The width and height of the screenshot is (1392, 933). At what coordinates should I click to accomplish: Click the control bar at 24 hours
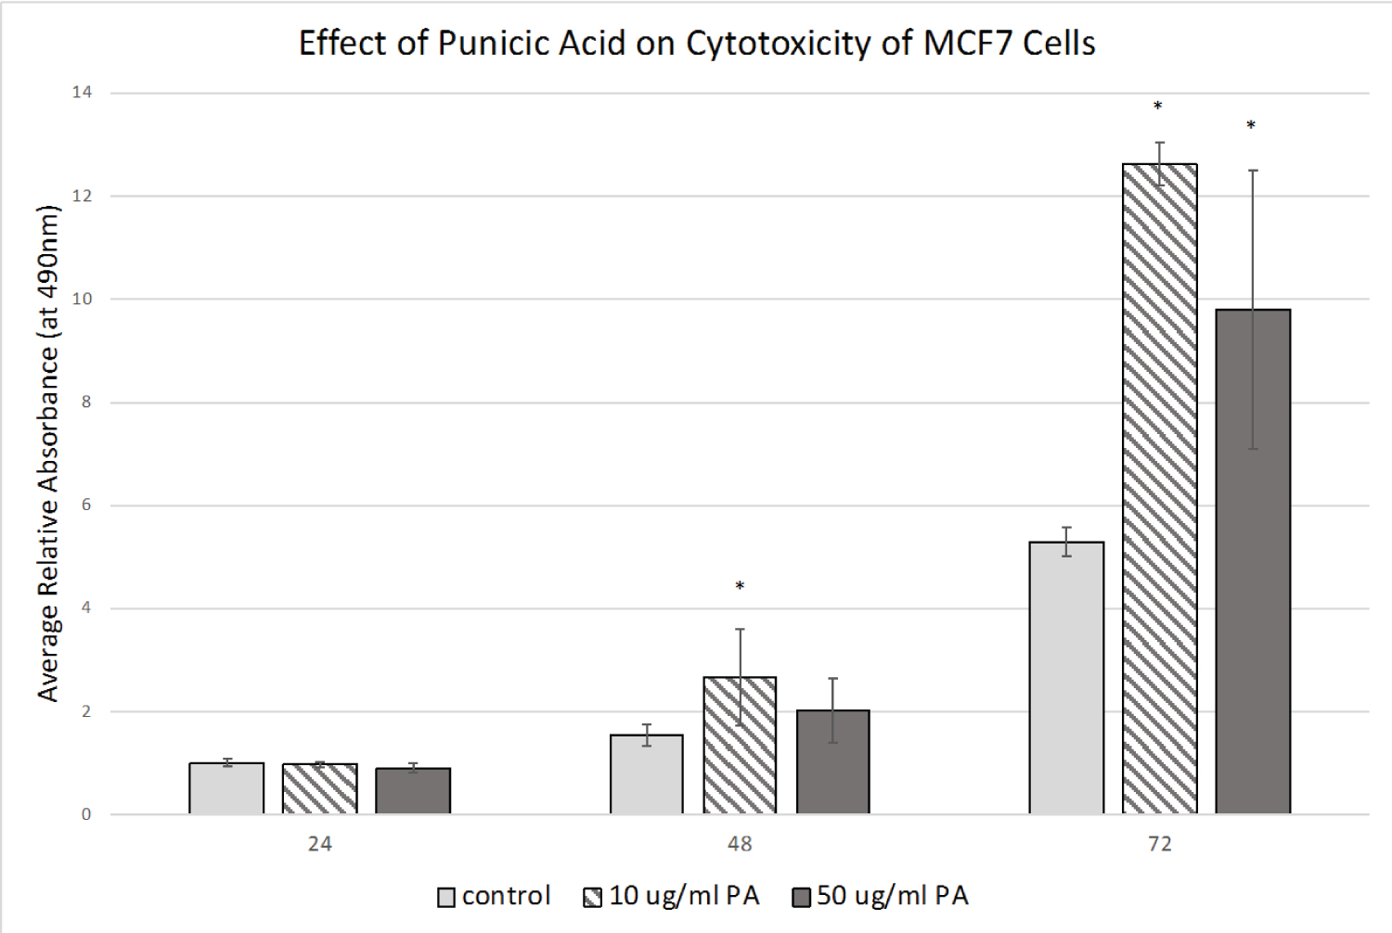point(226,788)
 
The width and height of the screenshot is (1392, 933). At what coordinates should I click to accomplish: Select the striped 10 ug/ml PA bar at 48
point(740,746)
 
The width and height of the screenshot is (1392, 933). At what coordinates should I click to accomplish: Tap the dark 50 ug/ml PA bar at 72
point(1253,562)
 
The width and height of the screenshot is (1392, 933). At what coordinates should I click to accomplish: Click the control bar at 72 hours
point(1067,678)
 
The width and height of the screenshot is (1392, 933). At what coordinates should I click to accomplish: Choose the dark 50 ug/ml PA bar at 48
point(832,762)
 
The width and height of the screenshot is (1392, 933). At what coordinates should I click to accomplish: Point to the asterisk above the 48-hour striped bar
point(740,586)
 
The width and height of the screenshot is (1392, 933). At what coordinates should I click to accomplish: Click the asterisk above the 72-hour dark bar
point(1251,125)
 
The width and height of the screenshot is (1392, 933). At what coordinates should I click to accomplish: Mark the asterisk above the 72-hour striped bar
point(1158,107)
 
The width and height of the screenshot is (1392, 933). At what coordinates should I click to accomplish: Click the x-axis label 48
point(740,844)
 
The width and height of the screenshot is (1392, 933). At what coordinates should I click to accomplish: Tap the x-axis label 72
point(1160,844)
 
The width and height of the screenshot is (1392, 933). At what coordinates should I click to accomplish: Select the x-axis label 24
point(319,844)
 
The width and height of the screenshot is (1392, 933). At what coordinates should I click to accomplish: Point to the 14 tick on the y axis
point(83,92)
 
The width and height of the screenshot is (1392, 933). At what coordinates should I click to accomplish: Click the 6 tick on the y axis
point(85,505)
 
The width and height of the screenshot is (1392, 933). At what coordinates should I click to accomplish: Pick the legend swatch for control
point(446,898)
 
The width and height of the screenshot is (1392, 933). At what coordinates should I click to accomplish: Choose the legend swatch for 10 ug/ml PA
point(593,898)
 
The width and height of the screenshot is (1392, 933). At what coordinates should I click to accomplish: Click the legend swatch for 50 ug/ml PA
point(802,898)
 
